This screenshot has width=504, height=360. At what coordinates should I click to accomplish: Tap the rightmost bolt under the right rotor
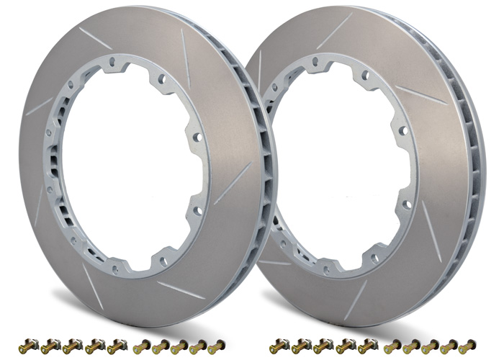(467, 346)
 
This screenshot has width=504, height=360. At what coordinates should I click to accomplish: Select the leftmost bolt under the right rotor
(279, 348)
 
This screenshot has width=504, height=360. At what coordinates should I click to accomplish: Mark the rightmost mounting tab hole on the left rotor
(195, 137)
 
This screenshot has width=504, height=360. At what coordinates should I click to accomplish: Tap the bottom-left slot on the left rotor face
(91, 278)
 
